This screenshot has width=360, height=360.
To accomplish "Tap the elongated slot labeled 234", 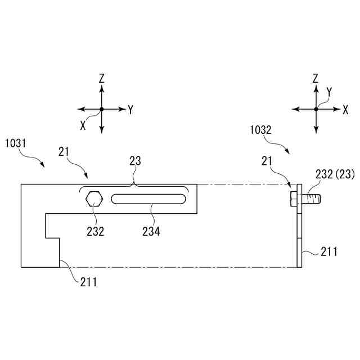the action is click(x=149, y=199).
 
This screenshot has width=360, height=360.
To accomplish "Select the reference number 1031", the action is click(x=16, y=143).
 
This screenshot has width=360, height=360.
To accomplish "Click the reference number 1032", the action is click(x=260, y=129).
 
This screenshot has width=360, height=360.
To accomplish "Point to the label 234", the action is click(x=151, y=231).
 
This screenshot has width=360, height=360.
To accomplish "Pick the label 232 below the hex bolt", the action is click(x=95, y=231).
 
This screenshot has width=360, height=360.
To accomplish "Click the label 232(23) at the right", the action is click(x=334, y=175).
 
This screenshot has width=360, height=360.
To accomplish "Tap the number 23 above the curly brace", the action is click(x=135, y=161).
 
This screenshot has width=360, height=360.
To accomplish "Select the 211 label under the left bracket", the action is click(x=88, y=282).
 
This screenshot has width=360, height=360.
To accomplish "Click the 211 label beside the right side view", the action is click(x=329, y=251).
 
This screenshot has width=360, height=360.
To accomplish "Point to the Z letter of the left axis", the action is click(x=102, y=79).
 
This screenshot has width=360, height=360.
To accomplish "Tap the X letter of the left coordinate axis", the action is click(x=83, y=126).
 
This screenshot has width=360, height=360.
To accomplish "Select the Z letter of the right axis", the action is click(x=316, y=78).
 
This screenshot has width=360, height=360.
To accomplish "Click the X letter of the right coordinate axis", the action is click(x=345, y=110).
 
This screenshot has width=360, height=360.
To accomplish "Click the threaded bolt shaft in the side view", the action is click(x=312, y=199).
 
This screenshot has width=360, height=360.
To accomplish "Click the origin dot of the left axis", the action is click(x=102, y=109).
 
